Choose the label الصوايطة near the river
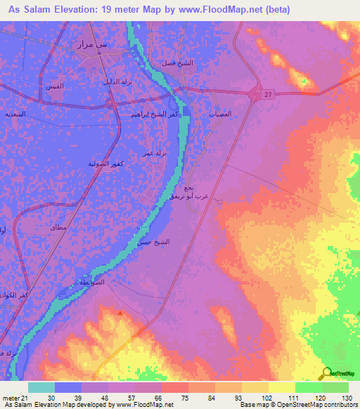(93, 282)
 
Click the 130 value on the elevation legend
(345, 398)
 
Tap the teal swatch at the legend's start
(41, 387)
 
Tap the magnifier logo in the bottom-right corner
(328, 374)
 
